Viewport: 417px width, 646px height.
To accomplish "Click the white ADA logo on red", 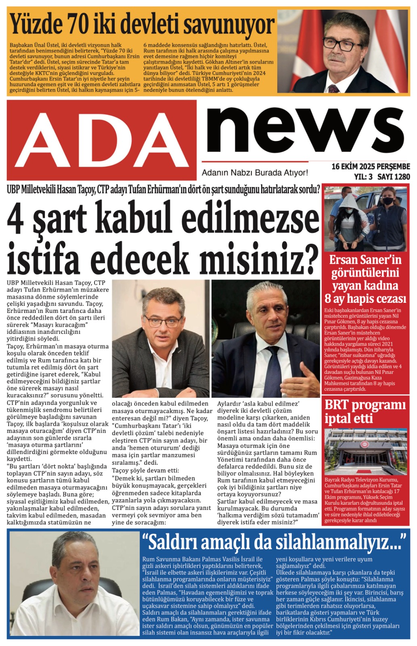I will pos(102,140).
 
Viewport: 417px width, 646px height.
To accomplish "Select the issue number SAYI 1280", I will pos(394,177).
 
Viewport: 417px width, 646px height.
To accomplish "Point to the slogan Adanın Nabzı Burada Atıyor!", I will pos(255,173).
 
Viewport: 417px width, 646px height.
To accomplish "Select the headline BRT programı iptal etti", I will pos(365,411).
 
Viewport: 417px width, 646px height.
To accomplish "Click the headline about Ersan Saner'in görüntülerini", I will pos(365,279).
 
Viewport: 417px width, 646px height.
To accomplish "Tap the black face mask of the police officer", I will pos(388,201).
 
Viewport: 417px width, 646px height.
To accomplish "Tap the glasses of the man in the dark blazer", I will pos(163,321).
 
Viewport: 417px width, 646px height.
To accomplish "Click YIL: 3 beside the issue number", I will pos(363,177).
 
